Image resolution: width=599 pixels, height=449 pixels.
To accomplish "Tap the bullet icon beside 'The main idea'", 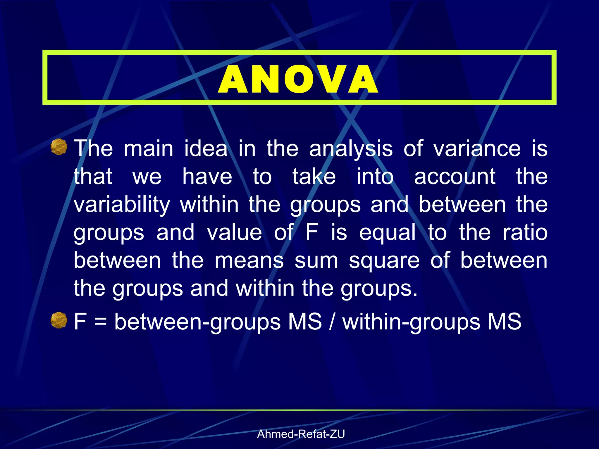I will (59, 147).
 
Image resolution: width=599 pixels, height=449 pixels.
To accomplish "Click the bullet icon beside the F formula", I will (59, 320).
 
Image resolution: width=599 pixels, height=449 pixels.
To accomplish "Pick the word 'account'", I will (455, 177).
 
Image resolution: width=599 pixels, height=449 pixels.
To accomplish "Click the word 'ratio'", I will (525, 233).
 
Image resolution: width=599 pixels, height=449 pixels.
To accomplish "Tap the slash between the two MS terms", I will (332, 321).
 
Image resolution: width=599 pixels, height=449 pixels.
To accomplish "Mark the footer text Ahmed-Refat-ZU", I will (301, 434).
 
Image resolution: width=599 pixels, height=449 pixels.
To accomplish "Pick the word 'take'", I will (314, 177).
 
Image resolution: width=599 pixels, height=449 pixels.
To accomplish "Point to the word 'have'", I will (207, 177).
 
